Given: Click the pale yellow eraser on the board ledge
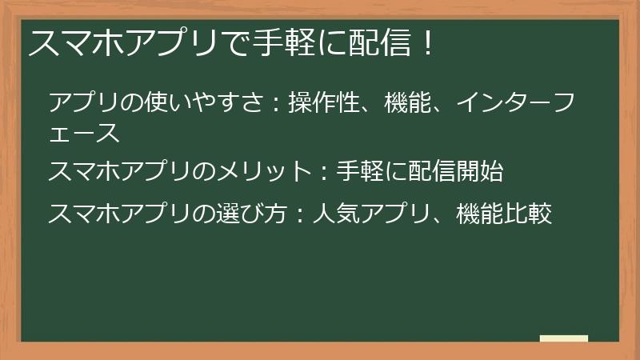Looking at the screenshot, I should [x=563, y=338].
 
